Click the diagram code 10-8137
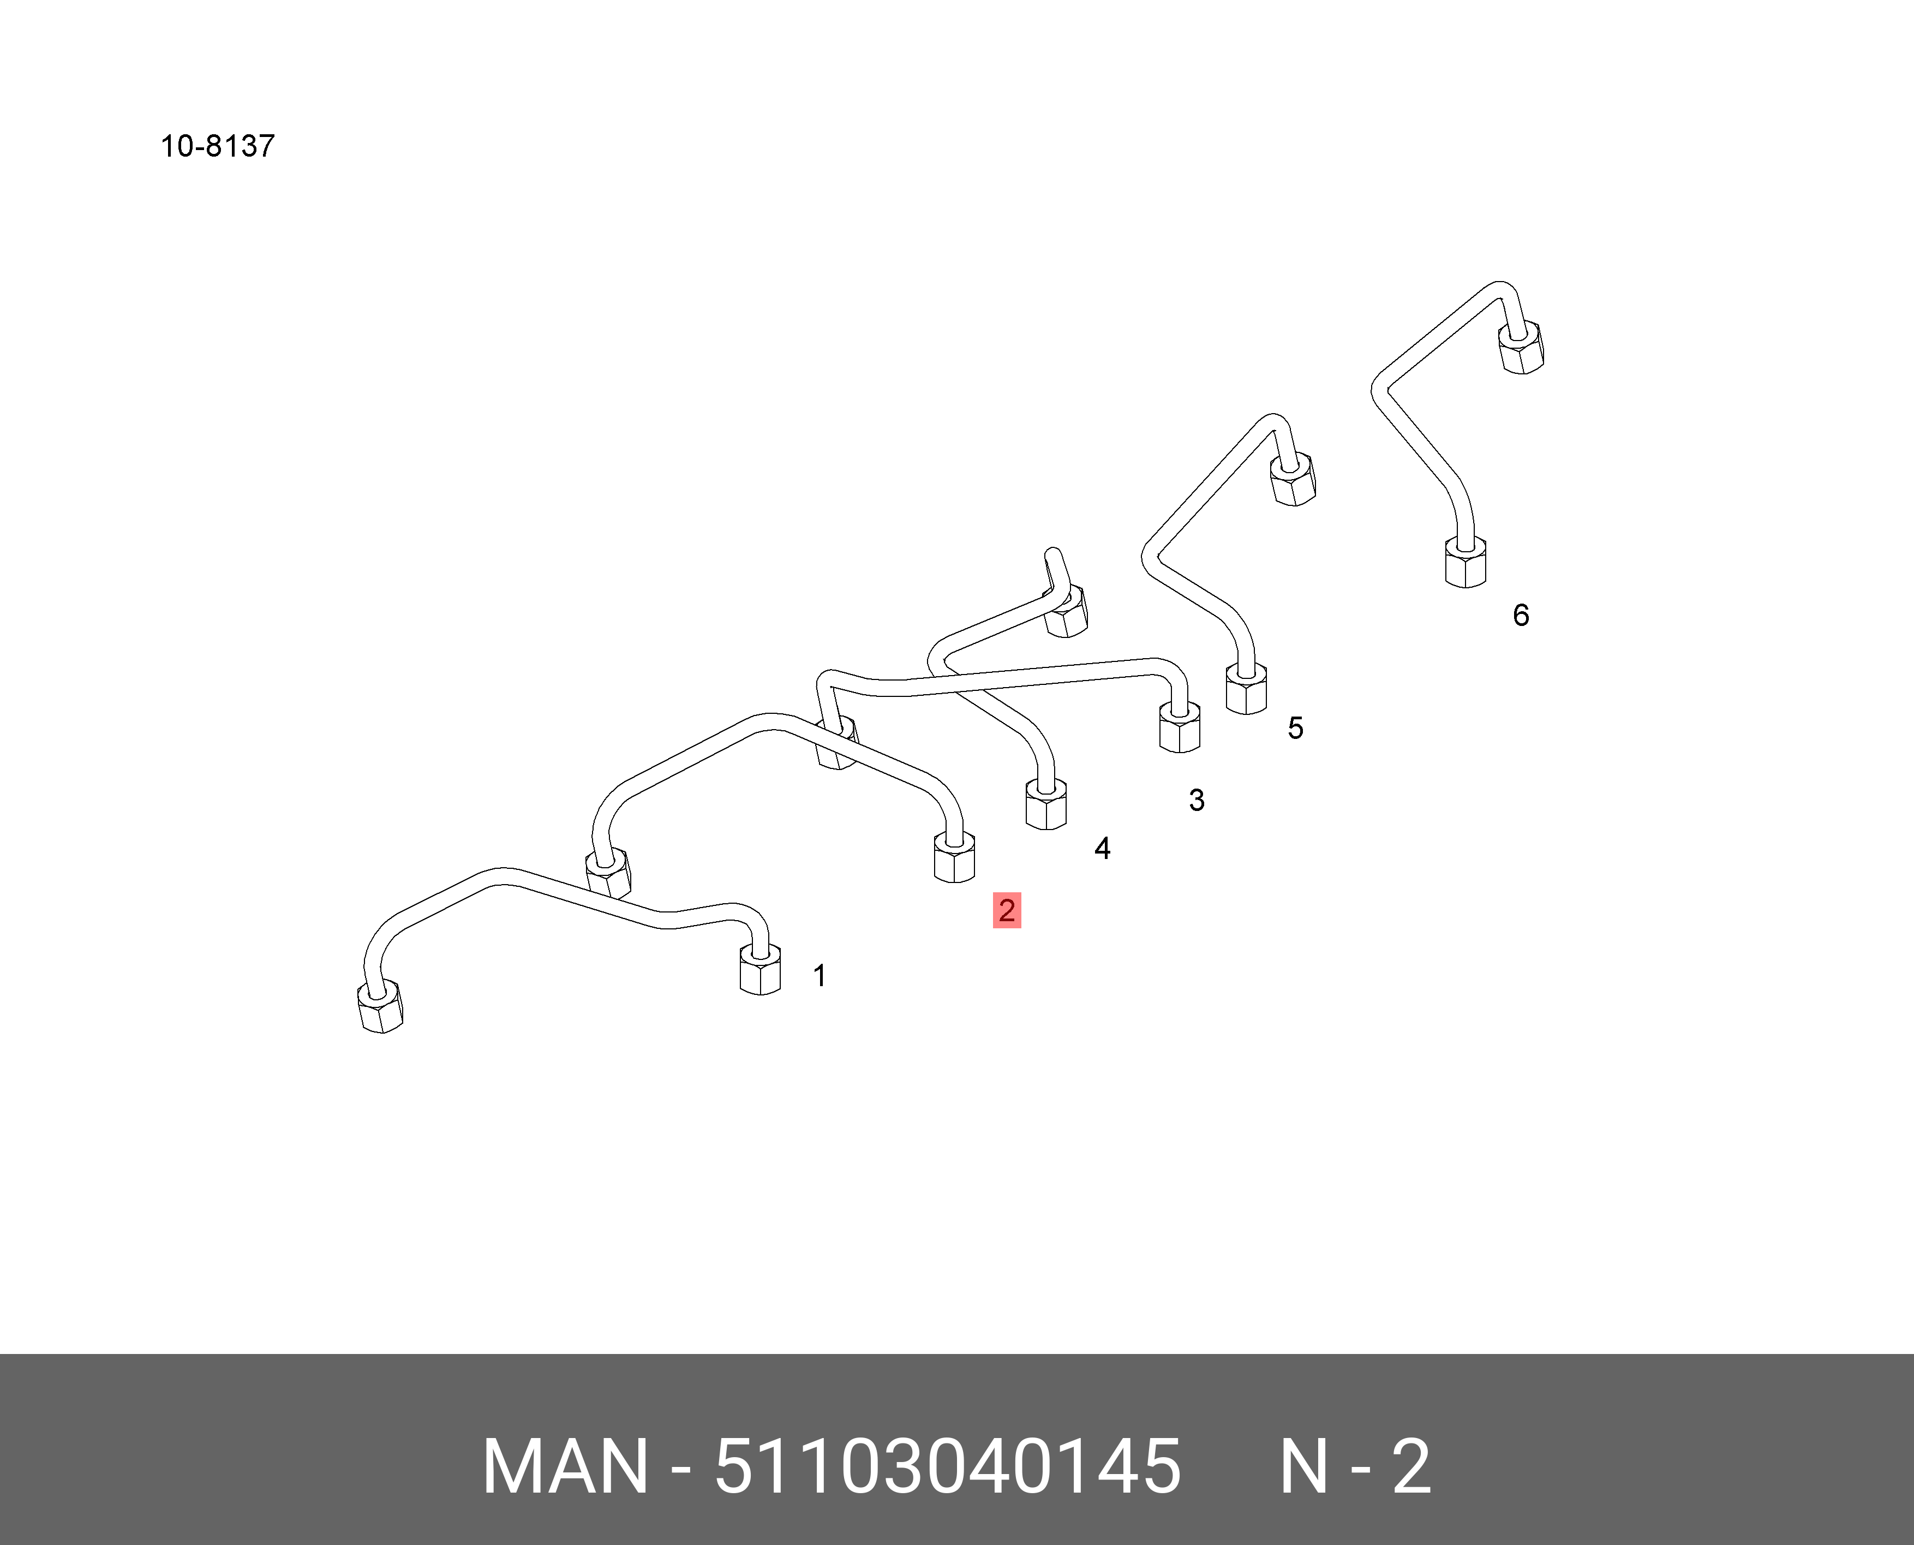coord(217,146)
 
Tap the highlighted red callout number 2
coord(1007,910)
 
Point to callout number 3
coord(1197,800)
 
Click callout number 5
coord(1296,728)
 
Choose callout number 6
coord(1521,615)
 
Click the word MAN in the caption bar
coord(565,1466)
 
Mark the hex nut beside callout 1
coord(760,970)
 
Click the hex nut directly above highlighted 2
coord(954,858)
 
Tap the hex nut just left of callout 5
coord(1246,690)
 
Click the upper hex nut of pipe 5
coord(1292,481)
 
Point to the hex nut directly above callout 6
coord(1464,563)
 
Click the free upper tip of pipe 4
coord(1052,554)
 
